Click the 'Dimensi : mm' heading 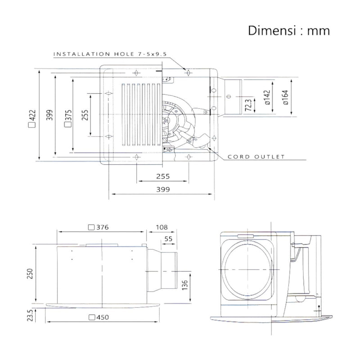(289, 31)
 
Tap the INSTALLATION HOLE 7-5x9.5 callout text (110, 54)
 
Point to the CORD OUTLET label (256, 157)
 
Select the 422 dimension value (32, 116)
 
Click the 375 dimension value (69, 116)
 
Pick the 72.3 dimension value (248, 105)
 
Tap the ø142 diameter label (267, 97)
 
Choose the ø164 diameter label (285, 97)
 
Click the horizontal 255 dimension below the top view (163, 176)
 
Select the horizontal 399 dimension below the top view (163, 189)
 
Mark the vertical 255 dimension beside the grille (85, 115)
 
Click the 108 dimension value (162, 227)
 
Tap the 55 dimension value (168, 239)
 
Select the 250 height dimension (30, 274)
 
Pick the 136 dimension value (184, 285)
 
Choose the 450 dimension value (103, 317)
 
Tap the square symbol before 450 (92, 317)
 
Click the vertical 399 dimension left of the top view (49, 115)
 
